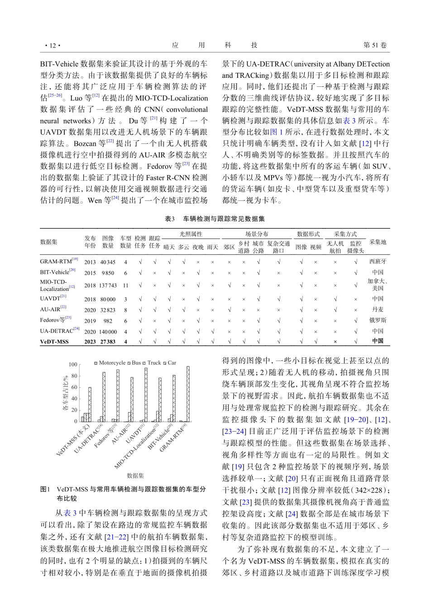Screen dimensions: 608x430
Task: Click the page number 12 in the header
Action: [x=53, y=45]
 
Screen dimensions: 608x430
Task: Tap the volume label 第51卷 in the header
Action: [x=376, y=45]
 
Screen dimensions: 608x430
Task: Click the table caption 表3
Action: [x=170, y=219]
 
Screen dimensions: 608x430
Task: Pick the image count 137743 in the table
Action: [x=108, y=285]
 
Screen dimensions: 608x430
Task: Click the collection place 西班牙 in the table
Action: [x=377, y=261]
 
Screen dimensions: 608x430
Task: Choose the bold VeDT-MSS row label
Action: [x=54, y=342]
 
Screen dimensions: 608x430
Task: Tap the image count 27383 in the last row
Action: [x=108, y=342]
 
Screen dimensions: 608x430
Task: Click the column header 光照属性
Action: [x=191, y=234]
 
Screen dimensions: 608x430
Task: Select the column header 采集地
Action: [x=377, y=242]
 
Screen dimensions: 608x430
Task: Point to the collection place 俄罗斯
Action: [x=377, y=320]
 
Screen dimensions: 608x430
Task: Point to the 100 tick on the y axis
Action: [x=73, y=365]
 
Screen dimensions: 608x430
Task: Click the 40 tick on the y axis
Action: [x=74, y=399]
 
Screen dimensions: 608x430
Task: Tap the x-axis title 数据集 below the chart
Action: [x=135, y=475]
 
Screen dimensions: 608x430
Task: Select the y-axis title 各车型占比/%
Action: [x=65, y=393]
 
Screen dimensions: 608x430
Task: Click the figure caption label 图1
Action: [x=45, y=489]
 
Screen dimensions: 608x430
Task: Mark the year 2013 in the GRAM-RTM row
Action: [x=90, y=262]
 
